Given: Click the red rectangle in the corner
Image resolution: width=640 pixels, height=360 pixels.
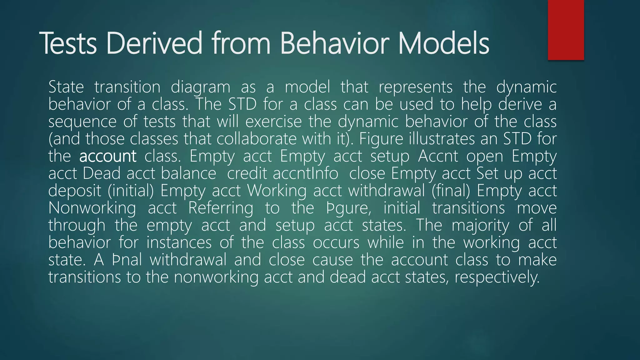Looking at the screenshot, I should (566, 30).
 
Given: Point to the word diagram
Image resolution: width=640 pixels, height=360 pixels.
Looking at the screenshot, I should (200, 87).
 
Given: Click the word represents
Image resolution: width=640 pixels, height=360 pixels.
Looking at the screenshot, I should (415, 87).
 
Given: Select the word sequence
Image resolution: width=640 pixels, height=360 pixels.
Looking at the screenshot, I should (82, 122).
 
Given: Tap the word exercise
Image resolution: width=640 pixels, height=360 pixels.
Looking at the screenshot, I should (273, 121).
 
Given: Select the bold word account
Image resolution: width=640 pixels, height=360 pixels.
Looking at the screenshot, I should (107, 156).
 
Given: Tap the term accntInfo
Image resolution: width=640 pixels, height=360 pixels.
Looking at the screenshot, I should (305, 173).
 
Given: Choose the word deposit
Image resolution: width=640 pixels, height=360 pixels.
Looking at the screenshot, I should (75, 191).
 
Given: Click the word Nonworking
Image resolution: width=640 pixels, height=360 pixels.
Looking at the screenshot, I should (92, 208).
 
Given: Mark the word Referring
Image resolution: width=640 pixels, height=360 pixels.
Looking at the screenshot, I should (221, 208).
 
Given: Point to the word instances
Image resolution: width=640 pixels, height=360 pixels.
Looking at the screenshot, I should (179, 242).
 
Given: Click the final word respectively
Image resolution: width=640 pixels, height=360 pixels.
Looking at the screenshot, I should (497, 277).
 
